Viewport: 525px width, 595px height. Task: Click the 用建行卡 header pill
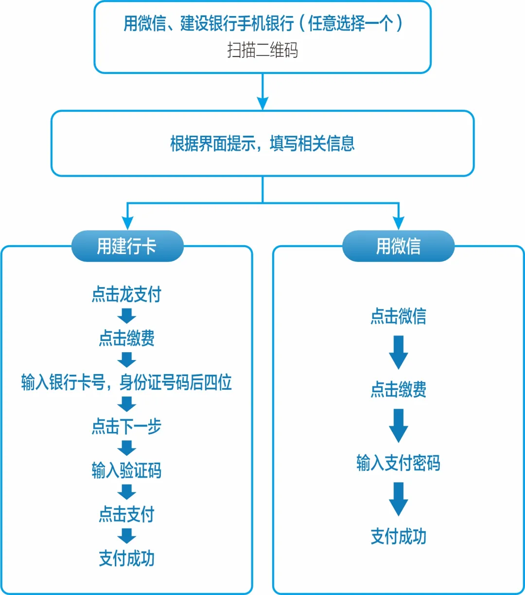pyautogui.click(x=127, y=246)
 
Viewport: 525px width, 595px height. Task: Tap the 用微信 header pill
pyautogui.click(x=398, y=246)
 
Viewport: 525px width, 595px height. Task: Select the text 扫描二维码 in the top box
pyautogui.click(x=262, y=50)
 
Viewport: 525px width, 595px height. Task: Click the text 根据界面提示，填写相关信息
pyautogui.click(x=262, y=144)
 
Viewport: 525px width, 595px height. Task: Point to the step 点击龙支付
pyautogui.click(x=126, y=295)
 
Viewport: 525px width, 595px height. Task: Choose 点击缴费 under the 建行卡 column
pyautogui.click(x=126, y=338)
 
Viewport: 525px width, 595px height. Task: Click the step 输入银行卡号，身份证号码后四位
pyautogui.click(x=126, y=382)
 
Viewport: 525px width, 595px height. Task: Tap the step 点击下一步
pyautogui.click(x=126, y=427)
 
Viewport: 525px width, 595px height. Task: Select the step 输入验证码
pyautogui.click(x=126, y=470)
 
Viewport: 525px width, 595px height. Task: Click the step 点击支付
pyautogui.click(x=126, y=514)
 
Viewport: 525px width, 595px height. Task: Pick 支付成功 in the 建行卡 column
pyautogui.click(x=126, y=559)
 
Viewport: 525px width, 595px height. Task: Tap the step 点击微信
pyautogui.click(x=398, y=316)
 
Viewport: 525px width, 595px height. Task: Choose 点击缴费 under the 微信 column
pyautogui.click(x=398, y=390)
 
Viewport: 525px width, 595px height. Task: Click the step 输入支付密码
pyautogui.click(x=398, y=463)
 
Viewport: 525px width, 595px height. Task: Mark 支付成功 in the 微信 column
pyautogui.click(x=398, y=537)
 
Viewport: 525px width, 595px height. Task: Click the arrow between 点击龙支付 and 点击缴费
pyautogui.click(x=126, y=316)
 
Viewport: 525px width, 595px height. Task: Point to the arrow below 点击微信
pyautogui.click(x=398, y=352)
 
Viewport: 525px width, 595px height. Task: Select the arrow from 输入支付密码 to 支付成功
pyautogui.click(x=398, y=499)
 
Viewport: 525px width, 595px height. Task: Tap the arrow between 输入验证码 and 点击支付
pyautogui.click(x=126, y=492)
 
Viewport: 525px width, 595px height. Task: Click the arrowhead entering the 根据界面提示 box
pyautogui.click(x=262, y=104)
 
